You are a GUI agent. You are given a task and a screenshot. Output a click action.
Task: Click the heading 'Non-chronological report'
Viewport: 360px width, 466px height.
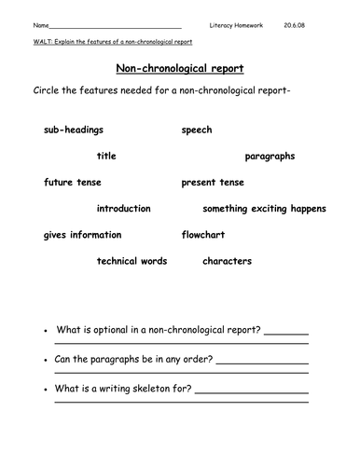pyautogui.click(x=179, y=68)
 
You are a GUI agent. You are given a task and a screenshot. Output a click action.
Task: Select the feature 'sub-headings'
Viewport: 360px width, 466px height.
pyautogui.click(x=74, y=130)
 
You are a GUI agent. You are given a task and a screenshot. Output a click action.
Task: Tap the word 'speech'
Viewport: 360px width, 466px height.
pyautogui.click(x=197, y=130)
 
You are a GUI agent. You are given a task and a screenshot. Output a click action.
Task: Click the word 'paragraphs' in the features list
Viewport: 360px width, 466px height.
pyautogui.click(x=270, y=156)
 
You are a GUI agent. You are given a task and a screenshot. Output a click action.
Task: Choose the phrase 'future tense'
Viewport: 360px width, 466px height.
pyautogui.click(x=73, y=182)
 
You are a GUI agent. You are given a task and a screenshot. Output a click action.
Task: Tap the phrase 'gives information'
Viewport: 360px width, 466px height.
pyautogui.click(x=82, y=235)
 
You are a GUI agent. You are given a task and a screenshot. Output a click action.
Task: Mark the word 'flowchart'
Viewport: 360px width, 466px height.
pyautogui.click(x=203, y=235)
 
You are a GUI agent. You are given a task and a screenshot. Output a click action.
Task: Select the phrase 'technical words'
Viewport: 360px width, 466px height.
pyautogui.click(x=132, y=261)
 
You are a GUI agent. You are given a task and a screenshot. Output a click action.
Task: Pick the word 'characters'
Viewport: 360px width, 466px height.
pyautogui.click(x=227, y=261)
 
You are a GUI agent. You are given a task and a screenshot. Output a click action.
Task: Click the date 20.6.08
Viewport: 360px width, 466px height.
pyautogui.click(x=296, y=25)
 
